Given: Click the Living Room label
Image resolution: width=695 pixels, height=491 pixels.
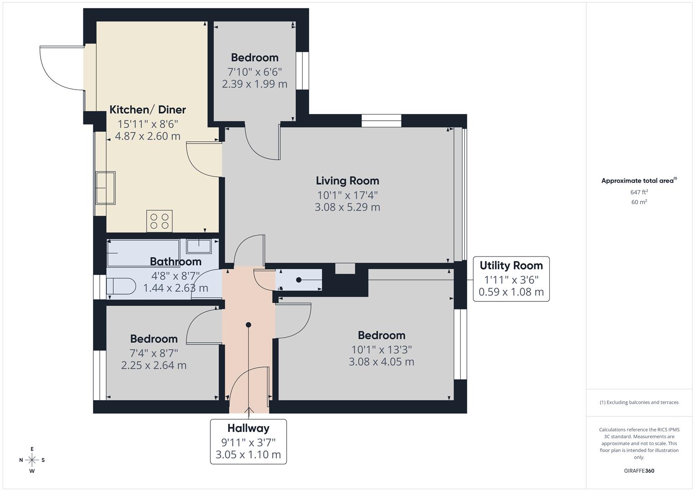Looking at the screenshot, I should (347, 181).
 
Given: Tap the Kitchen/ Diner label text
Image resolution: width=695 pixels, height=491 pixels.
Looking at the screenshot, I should (147, 110).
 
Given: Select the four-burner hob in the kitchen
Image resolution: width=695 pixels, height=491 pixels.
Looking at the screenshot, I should (159, 220).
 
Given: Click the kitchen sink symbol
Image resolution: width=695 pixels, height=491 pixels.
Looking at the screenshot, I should (105, 187).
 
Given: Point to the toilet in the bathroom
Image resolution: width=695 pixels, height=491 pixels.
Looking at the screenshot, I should (121, 286).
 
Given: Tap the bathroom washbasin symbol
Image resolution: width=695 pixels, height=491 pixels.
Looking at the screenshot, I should (199, 246).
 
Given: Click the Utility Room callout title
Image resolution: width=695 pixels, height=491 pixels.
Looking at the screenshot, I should (511, 266).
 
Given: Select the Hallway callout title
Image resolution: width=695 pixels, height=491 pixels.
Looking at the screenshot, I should (248, 428).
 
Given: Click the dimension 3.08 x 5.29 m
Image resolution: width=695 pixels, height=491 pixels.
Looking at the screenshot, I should (347, 207).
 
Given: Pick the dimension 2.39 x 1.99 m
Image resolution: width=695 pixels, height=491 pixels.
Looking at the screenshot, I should (254, 84).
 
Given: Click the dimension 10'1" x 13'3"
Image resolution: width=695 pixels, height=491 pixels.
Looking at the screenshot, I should (381, 350).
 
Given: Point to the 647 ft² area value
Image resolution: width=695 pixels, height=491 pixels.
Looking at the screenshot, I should (639, 192).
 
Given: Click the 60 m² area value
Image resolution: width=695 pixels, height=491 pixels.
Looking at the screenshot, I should (639, 202).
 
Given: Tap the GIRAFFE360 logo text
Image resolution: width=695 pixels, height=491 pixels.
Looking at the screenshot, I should (639, 471).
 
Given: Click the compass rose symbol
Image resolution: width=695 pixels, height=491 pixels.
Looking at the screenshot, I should (32, 460).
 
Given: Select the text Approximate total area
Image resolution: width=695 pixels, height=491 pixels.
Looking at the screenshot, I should (637, 181).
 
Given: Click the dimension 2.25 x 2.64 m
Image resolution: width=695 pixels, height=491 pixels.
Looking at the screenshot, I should (154, 365).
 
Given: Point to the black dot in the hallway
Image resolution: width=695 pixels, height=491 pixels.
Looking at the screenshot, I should (249, 325).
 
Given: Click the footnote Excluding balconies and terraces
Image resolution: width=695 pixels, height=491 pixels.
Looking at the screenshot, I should (639, 402).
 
